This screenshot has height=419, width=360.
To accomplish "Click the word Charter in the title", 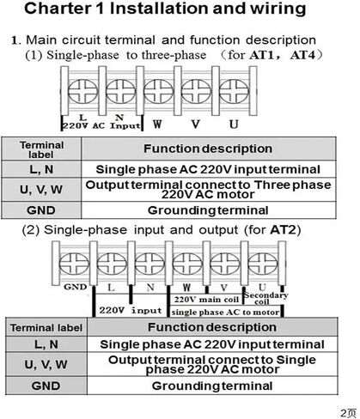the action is (x=57, y=9).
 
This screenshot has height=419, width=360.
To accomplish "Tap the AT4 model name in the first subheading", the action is (x=302, y=55).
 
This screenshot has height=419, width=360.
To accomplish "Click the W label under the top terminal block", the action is (x=157, y=124).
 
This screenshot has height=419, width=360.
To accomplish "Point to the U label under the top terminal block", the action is (x=234, y=124).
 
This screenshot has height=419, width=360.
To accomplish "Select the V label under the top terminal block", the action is (x=196, y=124).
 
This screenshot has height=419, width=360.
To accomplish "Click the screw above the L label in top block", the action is (x=82, y=91).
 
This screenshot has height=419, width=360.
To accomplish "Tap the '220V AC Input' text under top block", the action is (x=101, y=125).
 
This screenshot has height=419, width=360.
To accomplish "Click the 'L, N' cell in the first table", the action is (x=41, y=169).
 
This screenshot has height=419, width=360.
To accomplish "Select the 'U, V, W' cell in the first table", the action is (x=41, y=190).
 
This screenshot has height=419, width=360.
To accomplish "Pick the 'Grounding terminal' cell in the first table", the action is (x=208, y=210).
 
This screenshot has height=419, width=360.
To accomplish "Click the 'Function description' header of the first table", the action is (x=208, y=149).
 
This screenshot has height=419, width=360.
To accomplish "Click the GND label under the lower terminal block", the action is (x=75, y=287).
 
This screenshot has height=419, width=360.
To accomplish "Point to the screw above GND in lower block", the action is (x=74, y=264).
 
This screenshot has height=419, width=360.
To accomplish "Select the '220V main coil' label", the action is (x=206, y=300).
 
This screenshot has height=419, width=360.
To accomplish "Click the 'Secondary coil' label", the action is (x=265, y=298).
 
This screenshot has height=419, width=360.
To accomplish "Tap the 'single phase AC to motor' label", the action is (x=225, y=313).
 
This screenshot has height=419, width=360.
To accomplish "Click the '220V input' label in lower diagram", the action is (x=131, y=310).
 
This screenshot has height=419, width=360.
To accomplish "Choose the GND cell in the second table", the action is (x=46, y=386).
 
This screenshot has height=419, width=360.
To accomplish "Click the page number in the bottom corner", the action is (x=348, y=413).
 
